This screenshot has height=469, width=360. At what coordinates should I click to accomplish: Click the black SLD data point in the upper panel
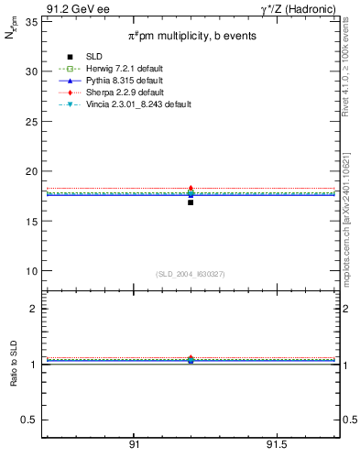point(191,202)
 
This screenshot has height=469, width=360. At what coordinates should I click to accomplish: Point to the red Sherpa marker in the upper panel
point(191,188)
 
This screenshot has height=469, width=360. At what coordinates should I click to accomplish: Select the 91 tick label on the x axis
point(134,444)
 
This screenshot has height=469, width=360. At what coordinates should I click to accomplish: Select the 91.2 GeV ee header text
point(72,8)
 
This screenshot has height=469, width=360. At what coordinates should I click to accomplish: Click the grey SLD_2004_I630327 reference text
point(191,274)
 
